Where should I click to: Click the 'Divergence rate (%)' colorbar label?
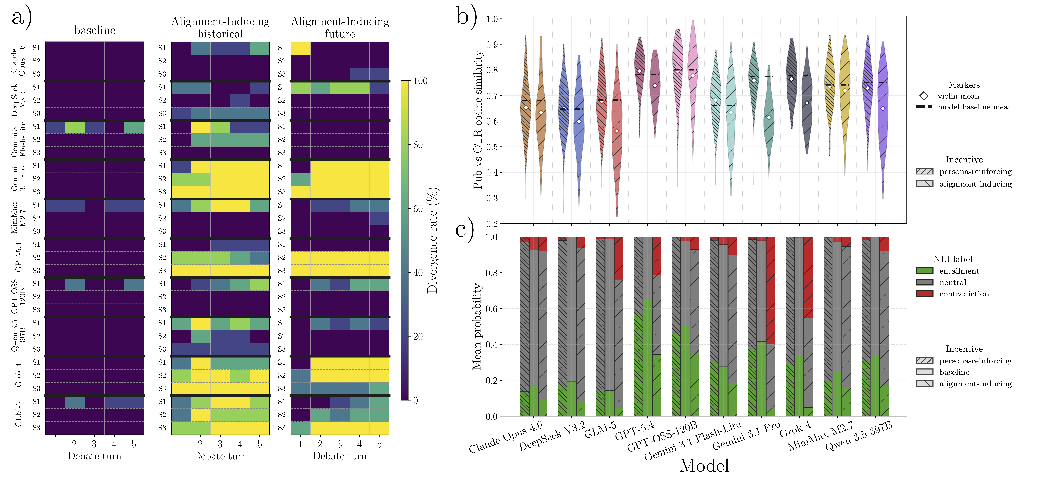(x=433, y=240)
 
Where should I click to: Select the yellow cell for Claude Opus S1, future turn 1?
(x=301, y=48)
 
